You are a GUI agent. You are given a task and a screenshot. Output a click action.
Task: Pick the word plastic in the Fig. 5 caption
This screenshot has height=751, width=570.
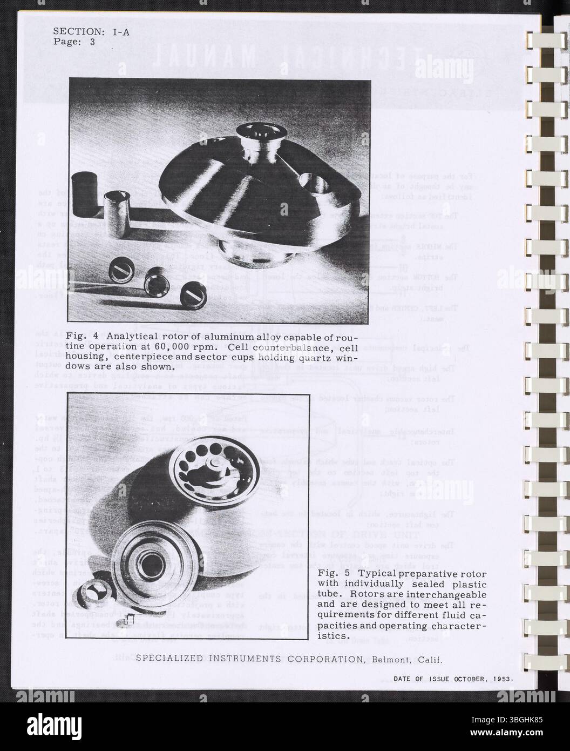click(470, 584)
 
